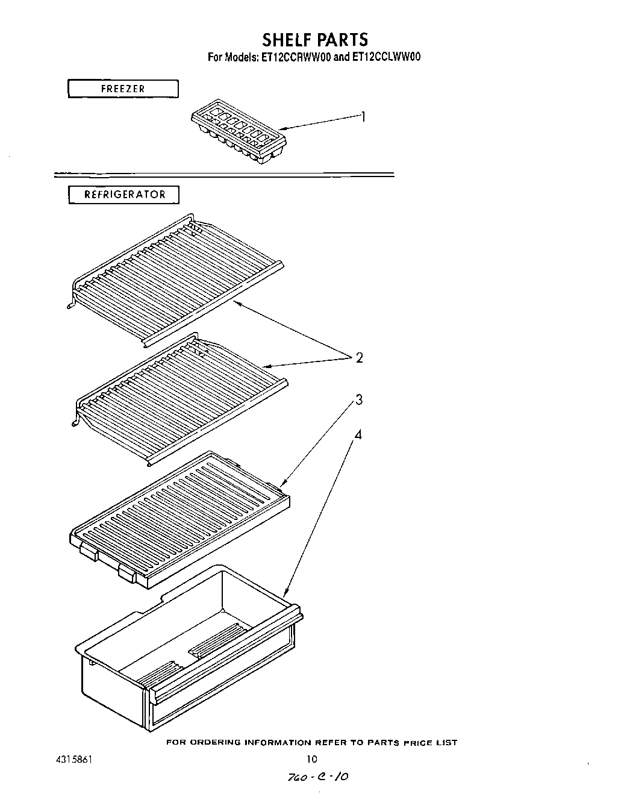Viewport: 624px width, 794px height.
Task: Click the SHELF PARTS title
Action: click(x=314, y=40)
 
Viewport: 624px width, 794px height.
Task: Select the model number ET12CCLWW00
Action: click(x=384, y=58)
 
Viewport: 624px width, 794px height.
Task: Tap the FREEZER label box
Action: click(x=123, y=89)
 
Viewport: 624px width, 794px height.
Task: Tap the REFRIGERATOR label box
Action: click(x=124, y=195)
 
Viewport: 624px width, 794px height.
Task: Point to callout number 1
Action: click(x=363, y=117)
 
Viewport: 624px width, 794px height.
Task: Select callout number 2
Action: click(x=360, y=358)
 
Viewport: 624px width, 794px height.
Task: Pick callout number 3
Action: click(x=358, y=399)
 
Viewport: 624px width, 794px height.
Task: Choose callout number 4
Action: click(x=358, y=434)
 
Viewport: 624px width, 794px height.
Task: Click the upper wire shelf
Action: click(x=175, y=277)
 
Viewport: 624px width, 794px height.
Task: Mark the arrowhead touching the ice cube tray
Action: click(x=281, y=128)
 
